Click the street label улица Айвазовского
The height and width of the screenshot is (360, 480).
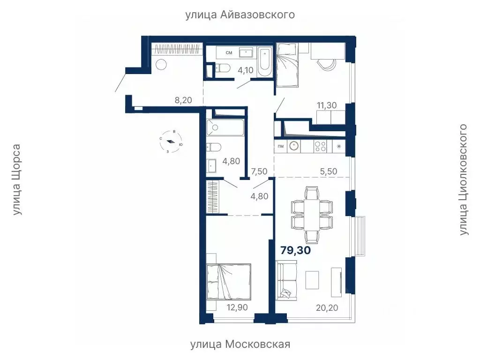click(x=240, y=15)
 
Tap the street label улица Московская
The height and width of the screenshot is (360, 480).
click(x=240, y=345)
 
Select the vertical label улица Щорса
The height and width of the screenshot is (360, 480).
click(x=17, y=180)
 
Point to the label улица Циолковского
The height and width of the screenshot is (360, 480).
click(x=464, y=180)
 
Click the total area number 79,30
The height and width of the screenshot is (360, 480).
click(x=296, y=250)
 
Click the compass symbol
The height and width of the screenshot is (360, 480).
click(x=172, y=142)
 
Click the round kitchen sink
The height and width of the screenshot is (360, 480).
click(x=294, y=146)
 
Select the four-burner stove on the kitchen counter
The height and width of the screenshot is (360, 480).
click(x=320, y=146)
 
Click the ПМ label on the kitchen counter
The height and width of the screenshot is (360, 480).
click(x=280, y=146)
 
